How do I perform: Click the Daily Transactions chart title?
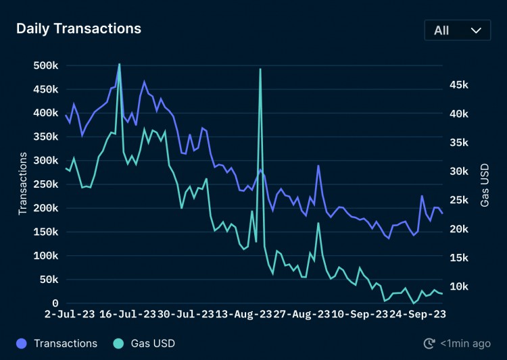[78, 28]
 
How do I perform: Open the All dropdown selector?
[458, 30]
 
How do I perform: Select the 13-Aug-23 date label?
[241, 314]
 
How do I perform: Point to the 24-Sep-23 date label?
[416, 314]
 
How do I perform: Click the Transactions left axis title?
[22, 184]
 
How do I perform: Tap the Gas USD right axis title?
[485, 184]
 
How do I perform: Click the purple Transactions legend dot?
[22, 344]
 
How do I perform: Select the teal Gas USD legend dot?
[118, 344]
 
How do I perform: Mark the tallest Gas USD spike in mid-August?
[260, 69]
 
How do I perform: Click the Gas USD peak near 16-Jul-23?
[120, 64]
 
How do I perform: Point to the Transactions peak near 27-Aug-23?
[318, 165]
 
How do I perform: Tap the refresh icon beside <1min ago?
[429, 344]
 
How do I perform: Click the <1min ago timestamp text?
[466, 344]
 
